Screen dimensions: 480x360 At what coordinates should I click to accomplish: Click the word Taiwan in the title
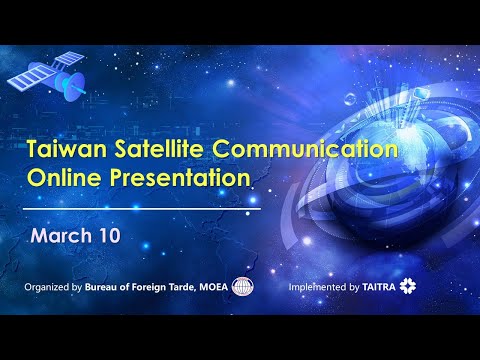click(x=67, y=148)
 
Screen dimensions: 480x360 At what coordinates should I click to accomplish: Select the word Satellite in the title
click(x=159, y=148)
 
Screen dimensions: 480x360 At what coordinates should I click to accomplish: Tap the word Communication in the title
click(x=305, y=148)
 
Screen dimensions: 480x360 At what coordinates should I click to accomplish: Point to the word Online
click(x=64, y=177)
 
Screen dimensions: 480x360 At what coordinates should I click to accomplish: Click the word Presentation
click(x=180, y=177)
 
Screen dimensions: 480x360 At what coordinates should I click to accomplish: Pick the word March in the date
click(x=61, y=235)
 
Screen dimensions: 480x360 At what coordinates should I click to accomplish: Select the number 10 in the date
click(x=110, y=235)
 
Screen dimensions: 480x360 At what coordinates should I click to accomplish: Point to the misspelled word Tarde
click(x=181, y=287)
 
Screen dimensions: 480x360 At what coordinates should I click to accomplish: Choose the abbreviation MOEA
click(x=213, y=287)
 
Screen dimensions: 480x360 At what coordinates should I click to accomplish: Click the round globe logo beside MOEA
click(x=243, y=286)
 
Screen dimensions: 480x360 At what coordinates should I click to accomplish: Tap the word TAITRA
click(x=379, y=287)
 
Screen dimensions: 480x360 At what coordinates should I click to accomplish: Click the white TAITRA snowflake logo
click(x=408, y=286)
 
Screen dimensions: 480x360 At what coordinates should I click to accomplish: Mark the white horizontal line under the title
click(x=142, y=209)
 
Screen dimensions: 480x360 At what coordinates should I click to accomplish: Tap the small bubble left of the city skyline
click(x=350, y=99)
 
